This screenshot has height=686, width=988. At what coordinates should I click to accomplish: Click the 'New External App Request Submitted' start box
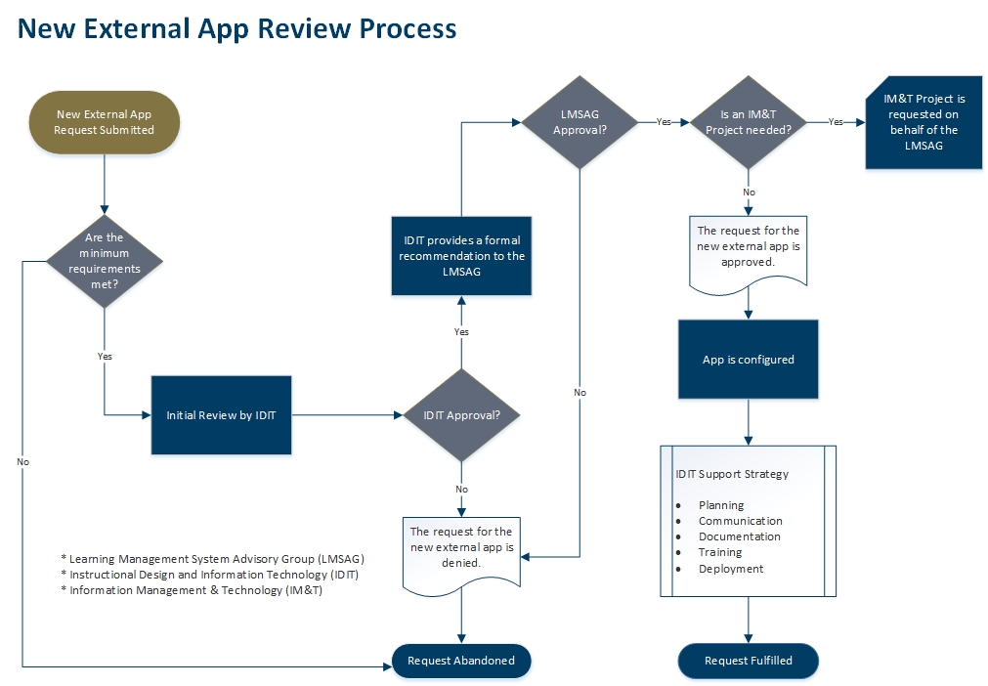coord(104,122)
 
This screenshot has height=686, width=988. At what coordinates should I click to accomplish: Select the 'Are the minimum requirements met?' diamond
coord(104,260)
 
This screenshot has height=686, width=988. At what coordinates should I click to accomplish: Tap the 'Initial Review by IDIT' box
coord(221,415)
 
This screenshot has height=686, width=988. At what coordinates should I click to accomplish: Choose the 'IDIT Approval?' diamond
coord(461,415)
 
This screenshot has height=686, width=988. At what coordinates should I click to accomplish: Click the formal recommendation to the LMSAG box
coord(461,256)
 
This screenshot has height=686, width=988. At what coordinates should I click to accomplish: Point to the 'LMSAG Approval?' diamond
coord(580,122)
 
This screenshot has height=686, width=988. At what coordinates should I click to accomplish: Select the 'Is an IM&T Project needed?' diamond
coord(749,122)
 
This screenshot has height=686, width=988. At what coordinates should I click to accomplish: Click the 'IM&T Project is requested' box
coord(924,122)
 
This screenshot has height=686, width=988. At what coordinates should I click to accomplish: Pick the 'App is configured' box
coord(749,360)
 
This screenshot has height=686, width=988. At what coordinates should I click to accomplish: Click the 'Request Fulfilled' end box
coord(749,661)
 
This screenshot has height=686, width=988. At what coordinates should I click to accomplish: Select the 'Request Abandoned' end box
coord(461,661)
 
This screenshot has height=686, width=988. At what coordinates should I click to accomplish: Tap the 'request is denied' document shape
coord(461,549)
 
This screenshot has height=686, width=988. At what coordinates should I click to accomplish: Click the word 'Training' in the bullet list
coord(720,553)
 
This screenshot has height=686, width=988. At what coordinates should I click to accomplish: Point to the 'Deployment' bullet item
coord(731,569)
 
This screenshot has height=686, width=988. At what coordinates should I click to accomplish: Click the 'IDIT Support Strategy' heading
coord(732,475)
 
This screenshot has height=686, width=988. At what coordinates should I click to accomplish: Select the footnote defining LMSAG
coord(212,559)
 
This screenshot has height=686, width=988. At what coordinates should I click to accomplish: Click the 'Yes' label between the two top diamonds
coord(665,122)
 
